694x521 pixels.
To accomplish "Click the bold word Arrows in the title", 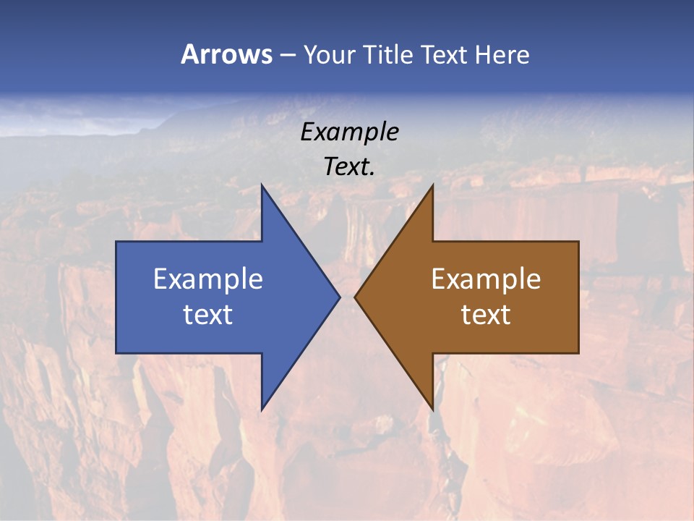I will pos(226,54).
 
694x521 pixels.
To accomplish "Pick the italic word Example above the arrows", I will pos(349,132).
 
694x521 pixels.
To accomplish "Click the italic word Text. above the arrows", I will pos(349,167).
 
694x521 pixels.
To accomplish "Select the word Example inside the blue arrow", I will pos(207,279).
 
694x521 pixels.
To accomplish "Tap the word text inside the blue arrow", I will pos(207,315).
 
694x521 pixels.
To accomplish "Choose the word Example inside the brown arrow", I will pos(486,279).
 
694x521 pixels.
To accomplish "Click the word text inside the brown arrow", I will pos(486,315).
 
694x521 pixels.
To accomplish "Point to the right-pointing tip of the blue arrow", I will pos(339,297).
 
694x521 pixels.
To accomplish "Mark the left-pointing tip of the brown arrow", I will pos(355,297).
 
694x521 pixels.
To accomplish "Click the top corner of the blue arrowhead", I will pos(262,185).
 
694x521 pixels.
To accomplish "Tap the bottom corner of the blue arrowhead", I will pos(262,410).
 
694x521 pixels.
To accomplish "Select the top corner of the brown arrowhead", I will pos(432,185).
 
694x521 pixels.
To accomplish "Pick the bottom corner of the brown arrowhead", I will pos(432,410).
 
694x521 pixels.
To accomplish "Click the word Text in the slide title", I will pos(445,54).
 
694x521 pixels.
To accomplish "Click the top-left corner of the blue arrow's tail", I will pos(116,242).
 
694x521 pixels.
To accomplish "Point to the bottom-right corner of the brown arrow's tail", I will pos(578,353).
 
